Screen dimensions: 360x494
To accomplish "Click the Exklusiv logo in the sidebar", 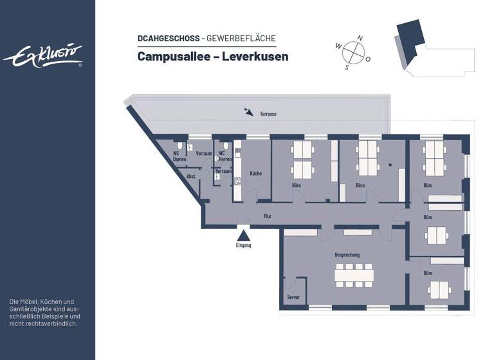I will click(43, 56).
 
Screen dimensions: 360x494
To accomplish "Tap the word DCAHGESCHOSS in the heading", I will click(168, 39).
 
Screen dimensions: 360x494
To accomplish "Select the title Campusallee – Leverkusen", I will click(212, 57).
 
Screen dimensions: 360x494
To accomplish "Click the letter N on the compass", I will click(360, 38).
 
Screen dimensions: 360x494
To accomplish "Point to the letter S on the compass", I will click(347, 67).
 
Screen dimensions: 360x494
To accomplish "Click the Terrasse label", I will click(268, 114).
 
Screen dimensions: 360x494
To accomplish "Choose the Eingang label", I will click(243, 246).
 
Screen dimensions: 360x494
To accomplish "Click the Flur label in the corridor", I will click(268, 216).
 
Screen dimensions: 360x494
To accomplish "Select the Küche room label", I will click(256, 174).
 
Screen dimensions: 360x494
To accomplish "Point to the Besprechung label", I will click(347, 255).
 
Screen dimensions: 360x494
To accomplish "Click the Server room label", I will click(293, 297).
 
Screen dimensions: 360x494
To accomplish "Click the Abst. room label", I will click(191, 176).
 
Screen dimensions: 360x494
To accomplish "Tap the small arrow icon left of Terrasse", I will click(248, 113).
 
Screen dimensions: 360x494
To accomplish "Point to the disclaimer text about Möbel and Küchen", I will click(45, 312).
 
